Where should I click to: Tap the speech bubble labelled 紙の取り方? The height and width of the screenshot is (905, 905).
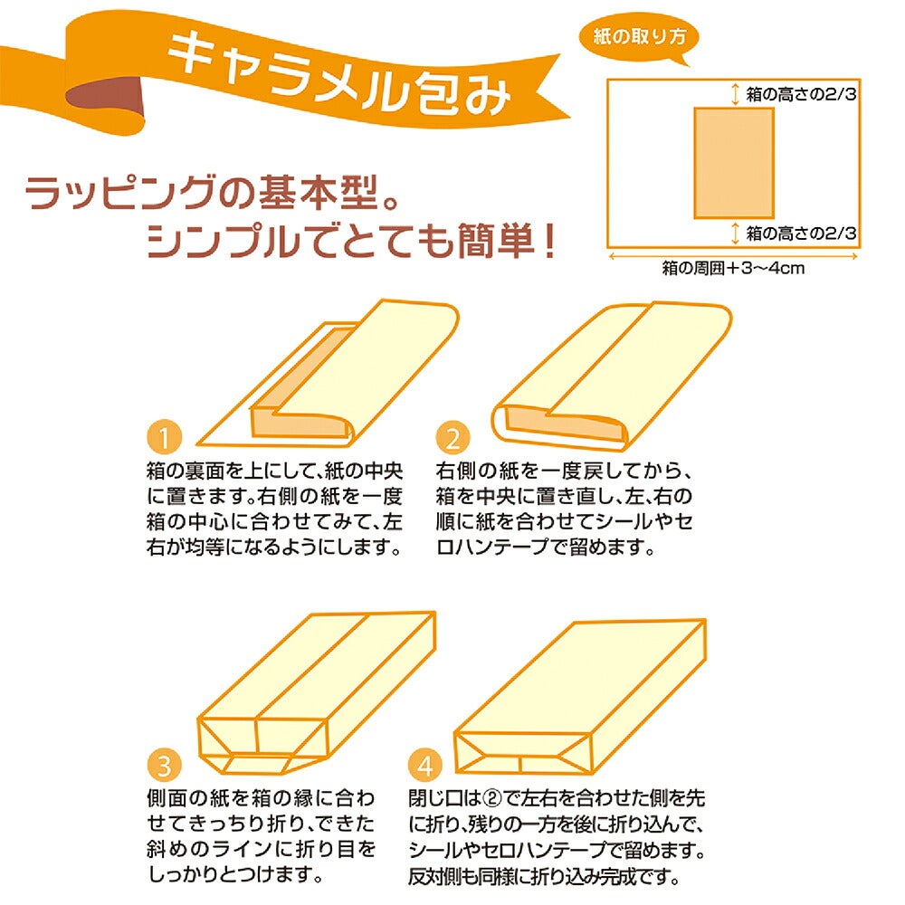coord(638,38)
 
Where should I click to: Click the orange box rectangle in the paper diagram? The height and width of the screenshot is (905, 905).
coord(734,163)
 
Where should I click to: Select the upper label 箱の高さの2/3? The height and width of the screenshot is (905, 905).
coord(801,94)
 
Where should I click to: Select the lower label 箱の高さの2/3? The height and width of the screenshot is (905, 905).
coord(801,233)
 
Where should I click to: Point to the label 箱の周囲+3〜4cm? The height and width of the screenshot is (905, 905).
coord(733,268)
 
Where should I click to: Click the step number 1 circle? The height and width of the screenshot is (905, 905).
coord(165,437)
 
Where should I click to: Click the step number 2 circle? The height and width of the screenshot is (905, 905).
coord(453,437)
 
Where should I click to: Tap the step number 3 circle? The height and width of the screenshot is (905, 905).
coord(165,765)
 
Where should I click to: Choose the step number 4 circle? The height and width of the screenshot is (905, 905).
coord(425,765)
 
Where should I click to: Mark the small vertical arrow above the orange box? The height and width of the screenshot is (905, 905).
coord(735,94)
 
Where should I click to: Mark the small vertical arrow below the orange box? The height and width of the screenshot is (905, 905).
coord(735,233)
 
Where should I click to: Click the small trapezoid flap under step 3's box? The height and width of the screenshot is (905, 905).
coord(257,764)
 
